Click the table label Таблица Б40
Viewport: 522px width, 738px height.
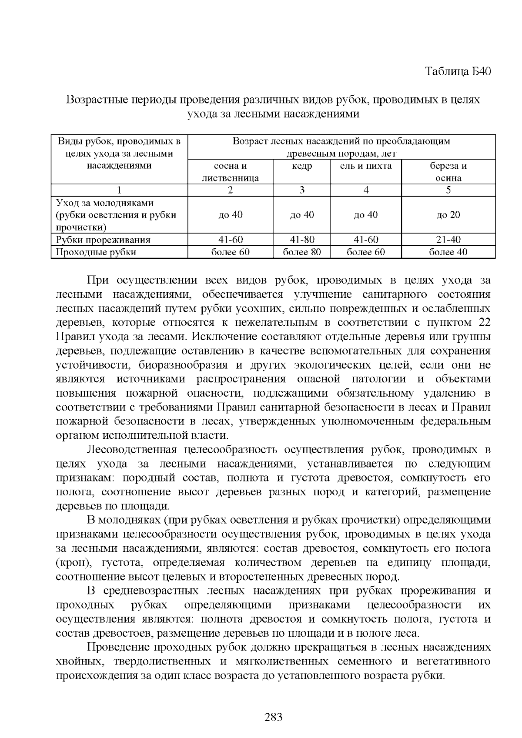point(458,71)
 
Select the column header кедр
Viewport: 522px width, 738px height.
point(302,166)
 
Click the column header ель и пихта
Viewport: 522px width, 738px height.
point(366,166)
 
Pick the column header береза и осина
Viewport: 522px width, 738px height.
point(448,172)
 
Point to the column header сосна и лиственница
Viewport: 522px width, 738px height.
point(230,172)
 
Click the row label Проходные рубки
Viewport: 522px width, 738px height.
point(96,252)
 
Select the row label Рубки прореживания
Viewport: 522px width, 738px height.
point(103,240)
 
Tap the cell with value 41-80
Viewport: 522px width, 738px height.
point(302,240)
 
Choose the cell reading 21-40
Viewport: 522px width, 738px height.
point(448,240)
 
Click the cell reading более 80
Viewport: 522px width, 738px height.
point(302,252)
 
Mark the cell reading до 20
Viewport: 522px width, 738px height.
point(448,215)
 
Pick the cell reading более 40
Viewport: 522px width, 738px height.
point(448,252)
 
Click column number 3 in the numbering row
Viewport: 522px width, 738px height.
point(302,190)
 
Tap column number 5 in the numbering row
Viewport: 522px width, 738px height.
point(448,190)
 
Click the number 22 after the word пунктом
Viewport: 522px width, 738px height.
point(484,323)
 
